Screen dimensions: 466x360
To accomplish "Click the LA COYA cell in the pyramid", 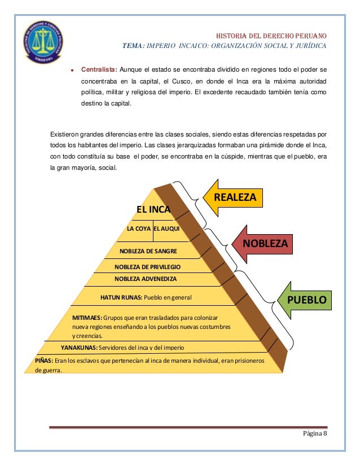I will pyautogui.click(x=139, y=230).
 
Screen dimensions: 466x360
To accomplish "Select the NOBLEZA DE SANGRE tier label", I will pyautogui.click(x=149, y=250).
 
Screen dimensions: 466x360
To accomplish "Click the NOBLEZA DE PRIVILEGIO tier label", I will pyautogui.click(x=147, y=266).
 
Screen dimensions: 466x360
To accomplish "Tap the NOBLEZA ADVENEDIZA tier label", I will pyautogui.click(x=146, y=279).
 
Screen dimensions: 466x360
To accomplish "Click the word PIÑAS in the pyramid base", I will pyautogui.click(x=44, y=360).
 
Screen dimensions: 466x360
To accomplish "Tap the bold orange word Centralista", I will pyautogui.click(x=99, y=70).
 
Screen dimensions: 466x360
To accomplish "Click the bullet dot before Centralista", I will pyautogui.click(x=73, y=71).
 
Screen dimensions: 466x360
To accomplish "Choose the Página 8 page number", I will pyautogui.click(x=315, y=433).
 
